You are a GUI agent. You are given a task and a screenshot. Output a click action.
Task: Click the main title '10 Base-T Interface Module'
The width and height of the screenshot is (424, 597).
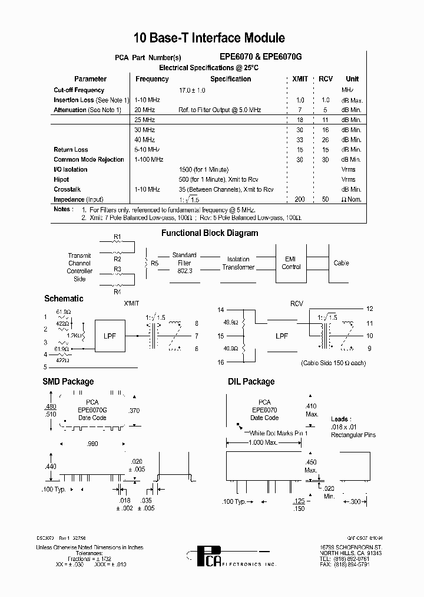tap(210, 38)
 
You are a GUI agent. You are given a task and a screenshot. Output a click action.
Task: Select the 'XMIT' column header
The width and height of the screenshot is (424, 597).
tap(300, 79)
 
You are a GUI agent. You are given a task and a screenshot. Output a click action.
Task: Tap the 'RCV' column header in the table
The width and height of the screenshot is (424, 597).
tap(326, 79)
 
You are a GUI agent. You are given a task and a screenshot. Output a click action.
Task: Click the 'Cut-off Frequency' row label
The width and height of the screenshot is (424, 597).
tap(79, 90)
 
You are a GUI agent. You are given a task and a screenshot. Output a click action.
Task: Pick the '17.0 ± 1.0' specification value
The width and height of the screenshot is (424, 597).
tap(192, 90)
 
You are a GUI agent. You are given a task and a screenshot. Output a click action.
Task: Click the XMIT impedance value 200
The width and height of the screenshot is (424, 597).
tap(300, 199)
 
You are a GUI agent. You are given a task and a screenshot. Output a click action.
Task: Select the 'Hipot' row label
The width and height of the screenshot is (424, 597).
tap(61, 179)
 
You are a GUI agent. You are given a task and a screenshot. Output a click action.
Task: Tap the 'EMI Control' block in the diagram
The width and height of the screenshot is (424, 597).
tap(291, 263)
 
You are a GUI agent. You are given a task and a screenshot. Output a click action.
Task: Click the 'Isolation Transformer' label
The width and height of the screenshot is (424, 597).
tap(238, 263)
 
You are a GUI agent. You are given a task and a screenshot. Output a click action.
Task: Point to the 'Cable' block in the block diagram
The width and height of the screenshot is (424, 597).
tap(342, 263)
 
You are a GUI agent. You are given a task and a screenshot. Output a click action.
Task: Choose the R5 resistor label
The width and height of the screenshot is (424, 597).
tap(155, 263)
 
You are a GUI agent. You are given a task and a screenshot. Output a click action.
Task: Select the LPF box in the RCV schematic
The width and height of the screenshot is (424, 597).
tap(281, 336)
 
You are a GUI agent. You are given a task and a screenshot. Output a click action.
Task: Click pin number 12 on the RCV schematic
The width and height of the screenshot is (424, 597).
tap(370, 309)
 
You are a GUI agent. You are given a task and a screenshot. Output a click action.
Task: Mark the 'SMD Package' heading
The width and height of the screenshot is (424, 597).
tap(68, 382)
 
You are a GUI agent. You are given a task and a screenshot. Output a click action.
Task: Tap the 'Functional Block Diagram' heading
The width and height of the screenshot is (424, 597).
tap(210, 233)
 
